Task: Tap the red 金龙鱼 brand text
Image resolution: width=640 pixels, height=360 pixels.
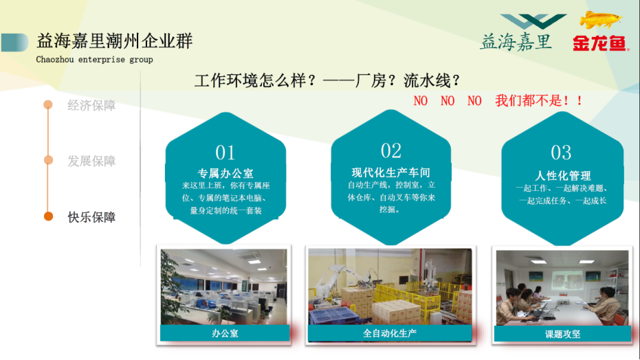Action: point(599,43)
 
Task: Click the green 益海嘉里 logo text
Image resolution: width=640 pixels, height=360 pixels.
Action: point(516,42)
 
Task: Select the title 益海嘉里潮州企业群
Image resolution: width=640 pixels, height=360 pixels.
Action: point(115,41)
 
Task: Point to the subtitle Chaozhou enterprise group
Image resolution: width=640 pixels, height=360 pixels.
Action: point(94,60)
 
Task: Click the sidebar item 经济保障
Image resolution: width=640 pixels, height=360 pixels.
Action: point(91,105)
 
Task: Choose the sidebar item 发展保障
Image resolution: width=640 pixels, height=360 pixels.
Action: point(91,161)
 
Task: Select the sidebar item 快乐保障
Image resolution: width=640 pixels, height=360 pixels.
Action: point(91,217)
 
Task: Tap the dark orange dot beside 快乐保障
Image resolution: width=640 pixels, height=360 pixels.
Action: point(48,216)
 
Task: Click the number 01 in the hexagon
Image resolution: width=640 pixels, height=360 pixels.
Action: point(225,153)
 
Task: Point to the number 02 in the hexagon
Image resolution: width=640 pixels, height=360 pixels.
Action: point(391,150)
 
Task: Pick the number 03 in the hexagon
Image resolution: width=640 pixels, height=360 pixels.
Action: point(561,153)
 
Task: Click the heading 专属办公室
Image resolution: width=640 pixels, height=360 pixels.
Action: point(225,173)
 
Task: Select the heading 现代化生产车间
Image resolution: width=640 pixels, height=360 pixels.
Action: point(391,172)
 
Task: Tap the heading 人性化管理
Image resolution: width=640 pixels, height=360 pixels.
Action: point(563,176)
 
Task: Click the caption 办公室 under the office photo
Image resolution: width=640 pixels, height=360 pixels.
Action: point(225,333)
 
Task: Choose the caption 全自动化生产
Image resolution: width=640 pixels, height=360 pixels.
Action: point(390,333)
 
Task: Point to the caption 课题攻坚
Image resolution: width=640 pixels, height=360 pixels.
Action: point(562,335)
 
